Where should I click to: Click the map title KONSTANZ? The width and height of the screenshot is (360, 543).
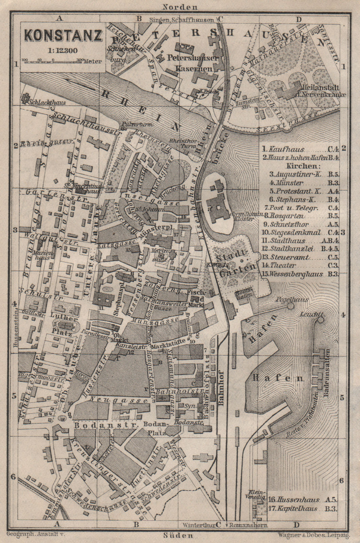coord(63,36)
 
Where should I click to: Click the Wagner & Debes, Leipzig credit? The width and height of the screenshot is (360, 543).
coord(311,535)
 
